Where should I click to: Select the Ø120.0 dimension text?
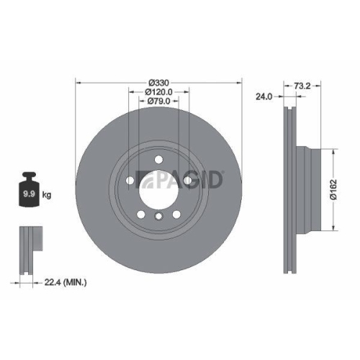pyautogui.click(x=157, y=91)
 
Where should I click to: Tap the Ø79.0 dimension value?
pyautogui.click(x=157, y=102)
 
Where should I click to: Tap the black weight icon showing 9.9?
pyautogui.click(x=29, y=189)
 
